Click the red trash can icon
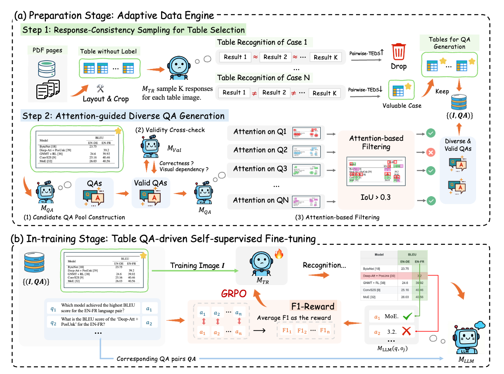(x=399, y=52)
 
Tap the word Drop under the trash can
(x=399, y=66)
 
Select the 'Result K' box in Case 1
(x=325, y=57)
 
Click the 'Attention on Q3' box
(x=260, y=169)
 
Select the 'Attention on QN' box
(x=261, y=200)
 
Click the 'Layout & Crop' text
(x=106, y=98)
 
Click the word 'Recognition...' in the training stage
(x=325, y=265)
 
